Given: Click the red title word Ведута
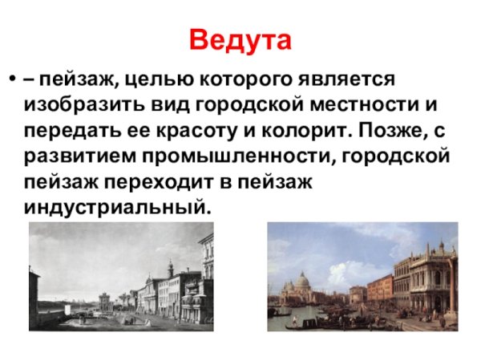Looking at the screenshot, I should (x=240, y=39).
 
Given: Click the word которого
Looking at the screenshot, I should (x=245, y=82).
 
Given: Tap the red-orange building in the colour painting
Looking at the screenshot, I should (x=382, y=286).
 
